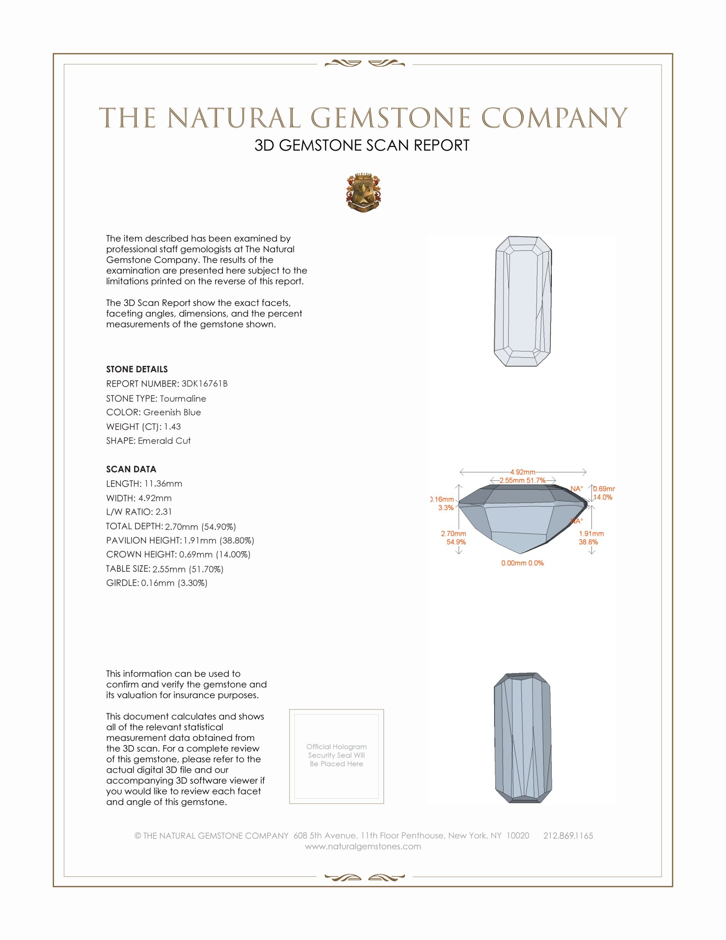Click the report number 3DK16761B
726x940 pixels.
coord(204,384)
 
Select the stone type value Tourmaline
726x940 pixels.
coord(183,399)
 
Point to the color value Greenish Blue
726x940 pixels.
coord(172,412)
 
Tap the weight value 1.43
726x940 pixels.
coord(172,426)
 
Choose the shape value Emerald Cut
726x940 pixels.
coord(164,441)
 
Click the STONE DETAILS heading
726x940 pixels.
coord(137,369)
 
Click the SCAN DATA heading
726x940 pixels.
coord(131,469)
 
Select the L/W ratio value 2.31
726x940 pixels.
coord(164,512)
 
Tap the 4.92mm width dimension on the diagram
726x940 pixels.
coord(523,472)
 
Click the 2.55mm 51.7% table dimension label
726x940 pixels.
coord(523,480)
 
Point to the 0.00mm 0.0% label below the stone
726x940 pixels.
coord(522,563)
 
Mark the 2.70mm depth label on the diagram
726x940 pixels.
coord(453,534)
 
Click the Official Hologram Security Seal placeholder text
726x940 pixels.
coord(337,755)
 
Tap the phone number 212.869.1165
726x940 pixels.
coord(568,835)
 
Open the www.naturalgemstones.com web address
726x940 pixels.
coord(363,846)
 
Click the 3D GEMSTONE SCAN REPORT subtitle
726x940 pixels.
coord(362,145)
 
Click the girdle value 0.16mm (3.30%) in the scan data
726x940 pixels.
coord(174,583)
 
